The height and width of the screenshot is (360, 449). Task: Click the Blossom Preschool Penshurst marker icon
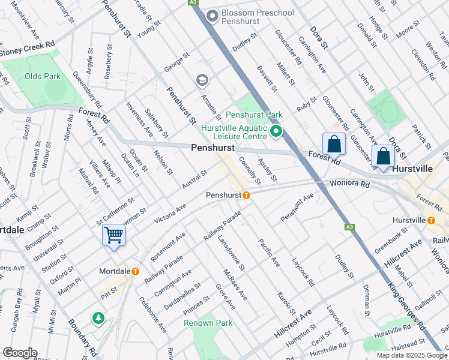[x=211, y=16]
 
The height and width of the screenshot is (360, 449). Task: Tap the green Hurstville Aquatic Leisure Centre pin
[x=276, y=131]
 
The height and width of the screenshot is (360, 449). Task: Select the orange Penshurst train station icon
[x=246, y=195]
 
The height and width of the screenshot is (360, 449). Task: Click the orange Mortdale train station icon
[x=135, y=271]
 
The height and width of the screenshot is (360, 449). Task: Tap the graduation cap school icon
[x=202, y=80]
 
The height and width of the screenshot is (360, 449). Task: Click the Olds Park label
[x=43, y=76]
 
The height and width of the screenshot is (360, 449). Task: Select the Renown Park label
[x=208, y=323]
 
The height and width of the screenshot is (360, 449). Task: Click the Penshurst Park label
[x=255, y=114]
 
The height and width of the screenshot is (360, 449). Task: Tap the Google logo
[x=20, y=353]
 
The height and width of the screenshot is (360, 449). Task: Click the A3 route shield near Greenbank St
[x=349, y=227]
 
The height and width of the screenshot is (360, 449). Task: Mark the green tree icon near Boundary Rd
[x=97, y=317]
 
